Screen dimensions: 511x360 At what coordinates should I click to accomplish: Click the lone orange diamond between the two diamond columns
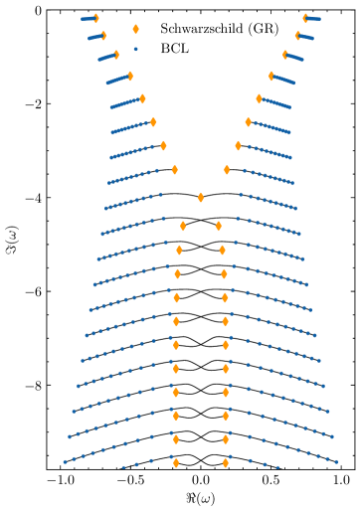(201, 198)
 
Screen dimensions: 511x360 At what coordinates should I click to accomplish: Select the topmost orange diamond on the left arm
(95, 18)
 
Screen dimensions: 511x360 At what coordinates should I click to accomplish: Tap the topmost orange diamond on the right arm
(305, 18)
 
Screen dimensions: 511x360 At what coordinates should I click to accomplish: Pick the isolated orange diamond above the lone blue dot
(136, 30)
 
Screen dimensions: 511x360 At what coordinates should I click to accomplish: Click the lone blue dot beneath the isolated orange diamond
(136, 49)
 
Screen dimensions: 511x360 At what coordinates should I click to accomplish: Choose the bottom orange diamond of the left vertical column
(176, 462)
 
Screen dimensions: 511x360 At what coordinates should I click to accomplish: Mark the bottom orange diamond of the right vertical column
(226, 462)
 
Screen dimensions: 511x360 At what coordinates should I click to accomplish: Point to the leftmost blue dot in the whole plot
(65, 461)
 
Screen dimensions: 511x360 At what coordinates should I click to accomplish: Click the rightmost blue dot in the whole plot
(336, 461)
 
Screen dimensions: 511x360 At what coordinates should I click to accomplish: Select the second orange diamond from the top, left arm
(103, 36)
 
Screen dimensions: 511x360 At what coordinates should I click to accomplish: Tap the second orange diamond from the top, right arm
(297, 36)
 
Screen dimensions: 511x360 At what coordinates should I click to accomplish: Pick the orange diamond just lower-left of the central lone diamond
(183, 226)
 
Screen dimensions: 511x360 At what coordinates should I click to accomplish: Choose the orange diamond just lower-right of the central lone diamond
(219, 226)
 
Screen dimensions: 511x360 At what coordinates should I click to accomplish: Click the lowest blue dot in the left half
(123, 466)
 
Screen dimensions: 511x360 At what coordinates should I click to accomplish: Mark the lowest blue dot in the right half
(277, 467)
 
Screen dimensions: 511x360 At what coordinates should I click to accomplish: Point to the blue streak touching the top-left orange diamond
(87, 19)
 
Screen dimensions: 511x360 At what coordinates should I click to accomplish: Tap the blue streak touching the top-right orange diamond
(314, 19)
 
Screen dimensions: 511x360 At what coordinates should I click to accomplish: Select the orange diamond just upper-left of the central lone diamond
(175, 170)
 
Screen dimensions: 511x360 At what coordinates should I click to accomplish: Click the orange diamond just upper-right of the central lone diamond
(227, 170)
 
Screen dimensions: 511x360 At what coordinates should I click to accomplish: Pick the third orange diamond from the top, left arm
(116, 56)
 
